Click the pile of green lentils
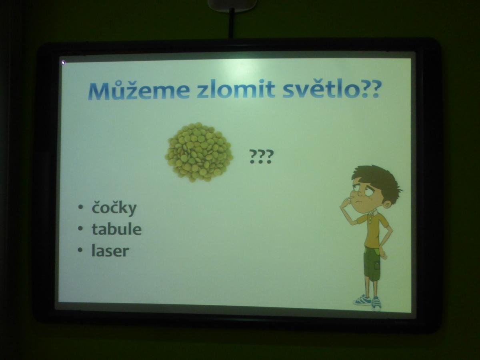tap(199, 152)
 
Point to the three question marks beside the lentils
tap(261, 156)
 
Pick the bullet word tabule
tap(116, 229)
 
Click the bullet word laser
tap(110, 250)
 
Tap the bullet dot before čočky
tap(80, 208)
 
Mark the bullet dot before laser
tap(80, 251)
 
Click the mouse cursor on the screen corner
tap(63, 63)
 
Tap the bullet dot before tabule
tap(80, 229)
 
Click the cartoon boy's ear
tap(388, 205)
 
